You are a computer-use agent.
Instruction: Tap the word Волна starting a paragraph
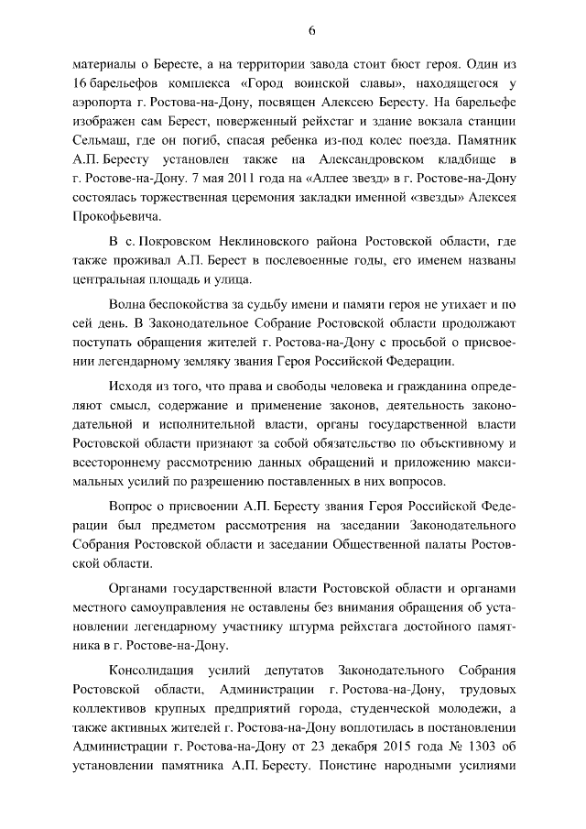(x=127, y=327)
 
